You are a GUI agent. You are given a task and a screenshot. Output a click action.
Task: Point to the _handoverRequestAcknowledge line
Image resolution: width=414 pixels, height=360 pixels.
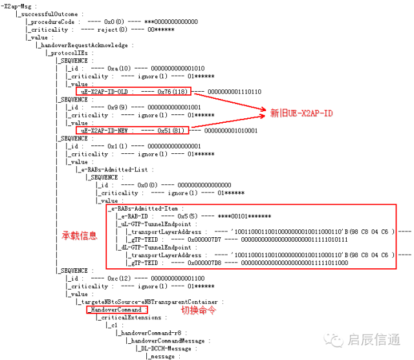click(85, 45)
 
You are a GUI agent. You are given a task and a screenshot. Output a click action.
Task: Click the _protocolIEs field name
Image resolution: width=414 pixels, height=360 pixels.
click(67, 53)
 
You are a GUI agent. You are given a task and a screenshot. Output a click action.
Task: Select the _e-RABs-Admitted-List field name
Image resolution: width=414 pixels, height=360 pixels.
click(114, 169)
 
